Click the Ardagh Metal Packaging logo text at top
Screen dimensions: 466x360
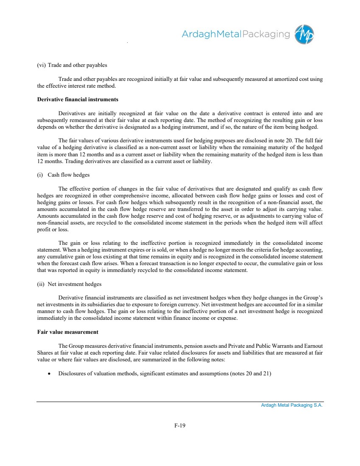click(236, 34)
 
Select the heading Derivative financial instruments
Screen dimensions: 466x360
click(78, 100)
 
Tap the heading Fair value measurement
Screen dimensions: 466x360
click(68, 332)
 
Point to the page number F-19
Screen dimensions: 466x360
click(180, 426)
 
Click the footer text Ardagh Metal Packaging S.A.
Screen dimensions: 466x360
click(292, 405)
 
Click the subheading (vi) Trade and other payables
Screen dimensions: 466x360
click(72, 65)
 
